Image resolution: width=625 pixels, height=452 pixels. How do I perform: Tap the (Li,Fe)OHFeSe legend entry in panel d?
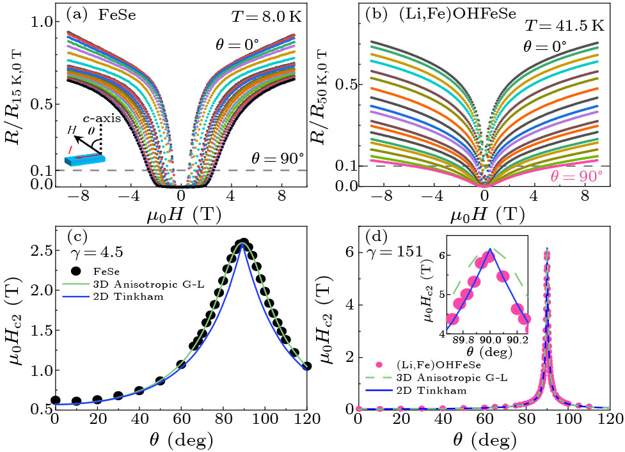435,365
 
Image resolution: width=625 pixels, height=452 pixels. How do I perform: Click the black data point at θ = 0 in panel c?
56,400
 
